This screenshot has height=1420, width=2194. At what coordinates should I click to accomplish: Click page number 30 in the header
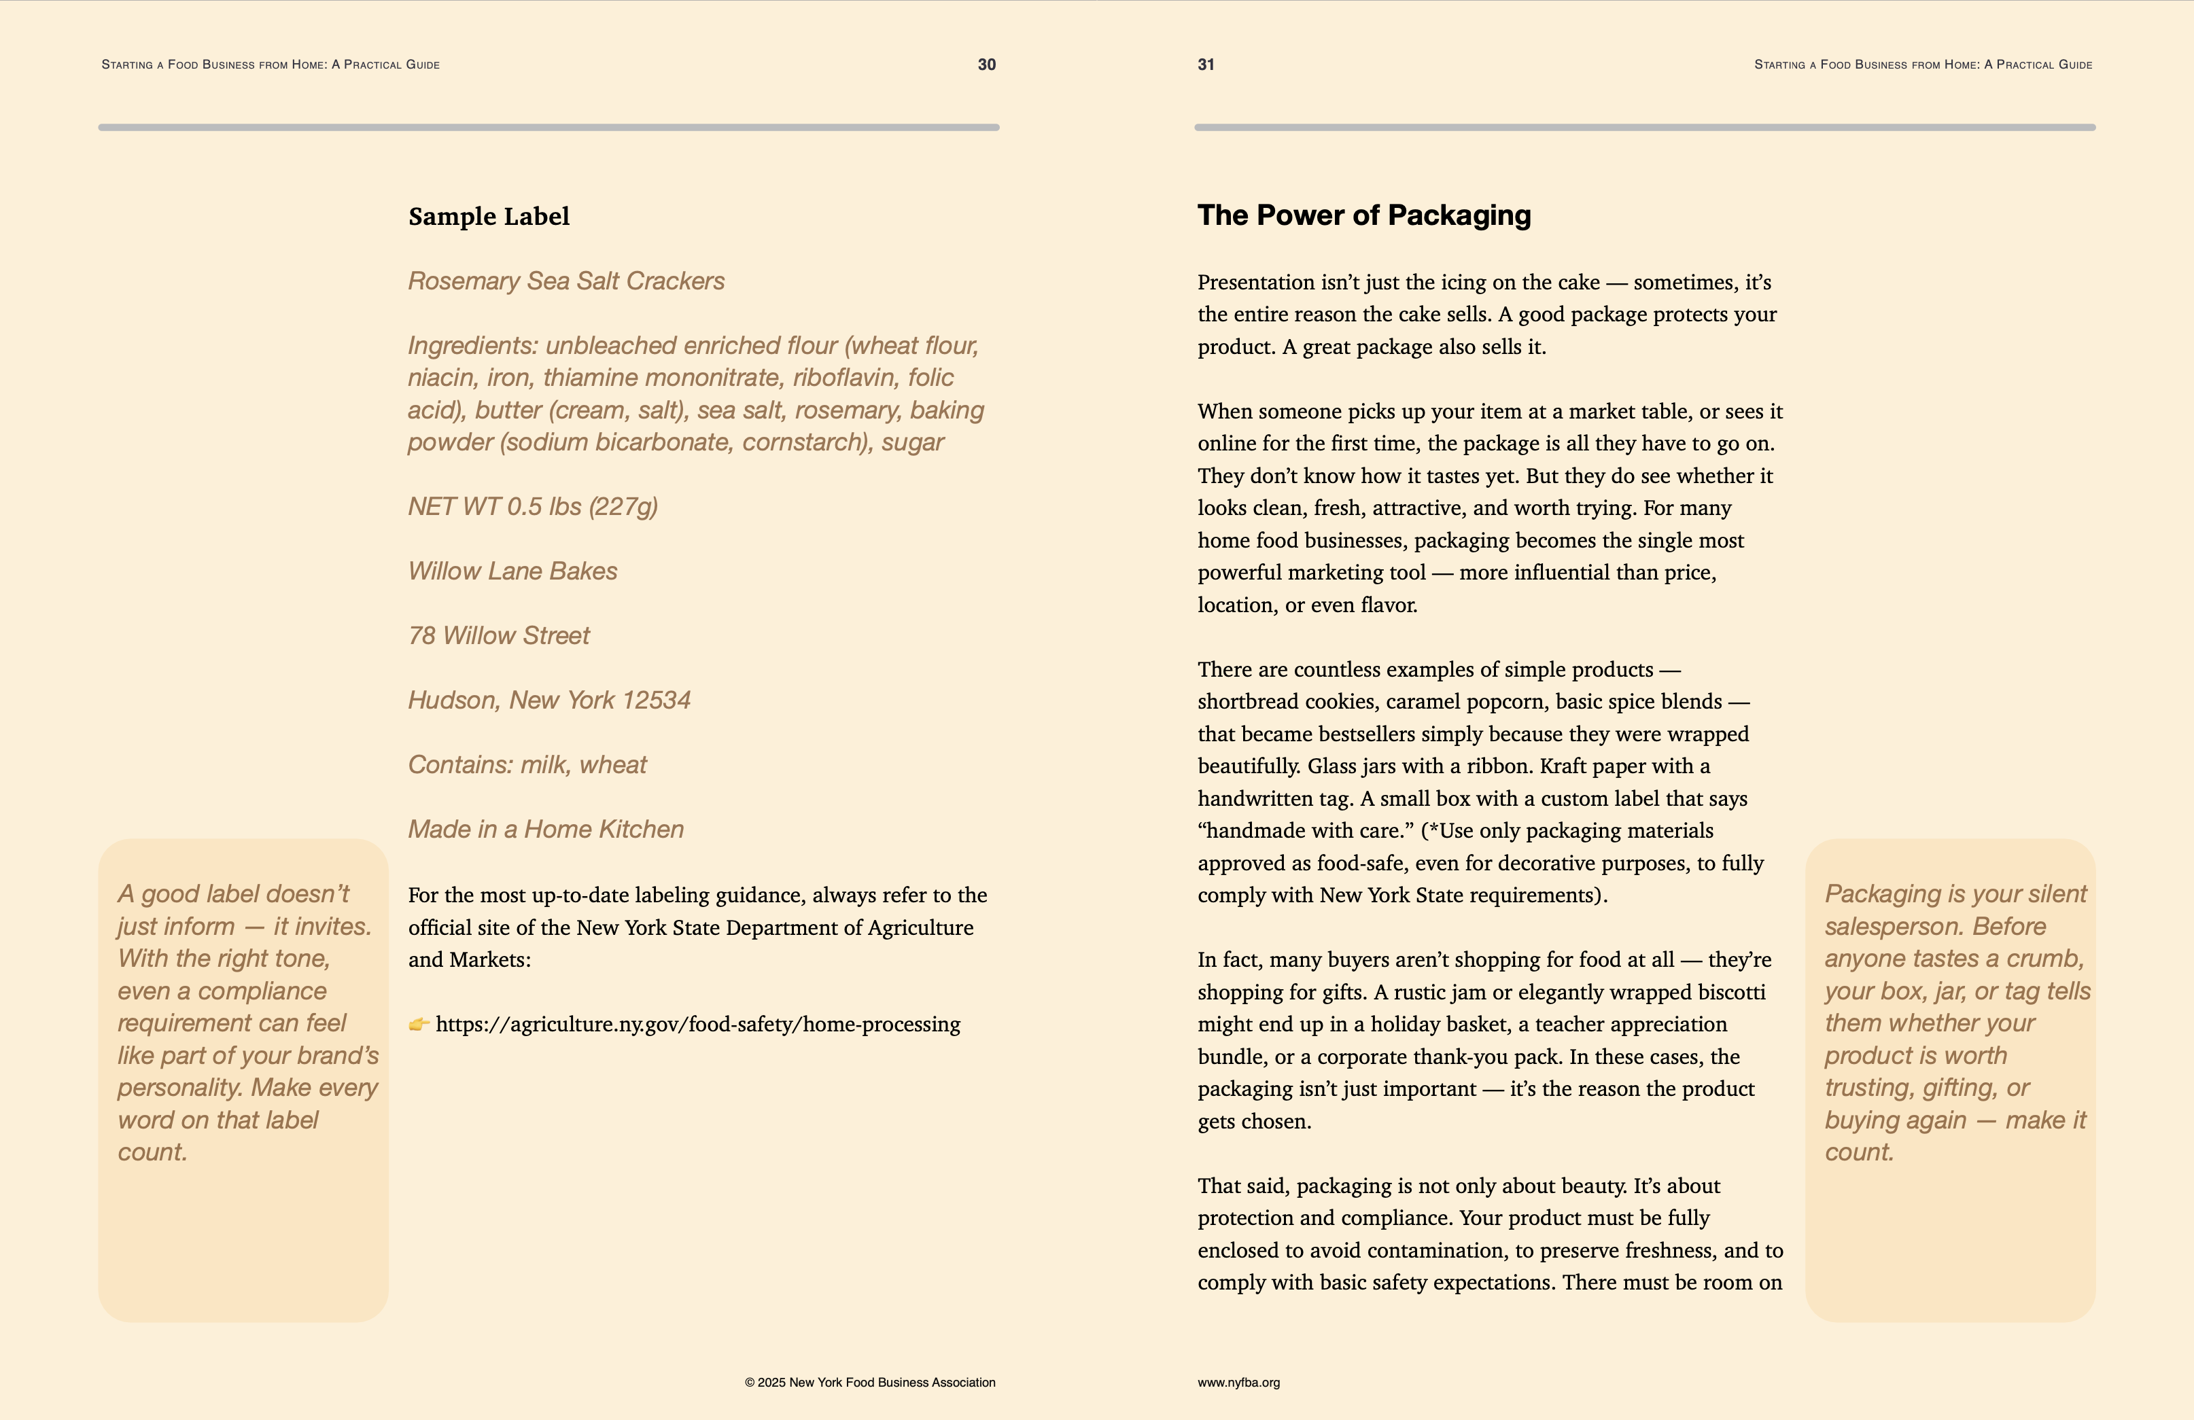(986, 65)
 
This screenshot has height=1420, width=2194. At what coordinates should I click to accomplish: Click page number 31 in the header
(1206, 65)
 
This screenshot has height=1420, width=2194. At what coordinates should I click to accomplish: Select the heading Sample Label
(489, 217)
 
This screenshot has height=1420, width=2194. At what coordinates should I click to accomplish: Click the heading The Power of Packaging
(1363, 215)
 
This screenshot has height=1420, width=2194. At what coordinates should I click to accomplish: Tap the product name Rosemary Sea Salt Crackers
(566, 281)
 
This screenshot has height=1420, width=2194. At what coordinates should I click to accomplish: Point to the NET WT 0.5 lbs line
(533, 507)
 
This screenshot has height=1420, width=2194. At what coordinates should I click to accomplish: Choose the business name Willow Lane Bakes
(512, 571)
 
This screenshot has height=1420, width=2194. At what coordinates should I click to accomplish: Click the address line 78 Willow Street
(499, 636)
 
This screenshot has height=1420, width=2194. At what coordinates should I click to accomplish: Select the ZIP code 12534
(657, 700)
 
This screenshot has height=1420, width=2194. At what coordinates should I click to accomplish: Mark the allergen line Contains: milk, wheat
(527, 765)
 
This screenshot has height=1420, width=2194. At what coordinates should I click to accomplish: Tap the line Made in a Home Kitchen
(546, 830)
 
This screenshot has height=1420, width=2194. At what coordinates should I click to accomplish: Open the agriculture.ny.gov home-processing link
(698, 1025)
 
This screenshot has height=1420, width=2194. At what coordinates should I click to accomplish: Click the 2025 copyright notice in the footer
(869, 1382)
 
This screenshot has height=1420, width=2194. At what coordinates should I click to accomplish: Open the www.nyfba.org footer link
(1238, 1382)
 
